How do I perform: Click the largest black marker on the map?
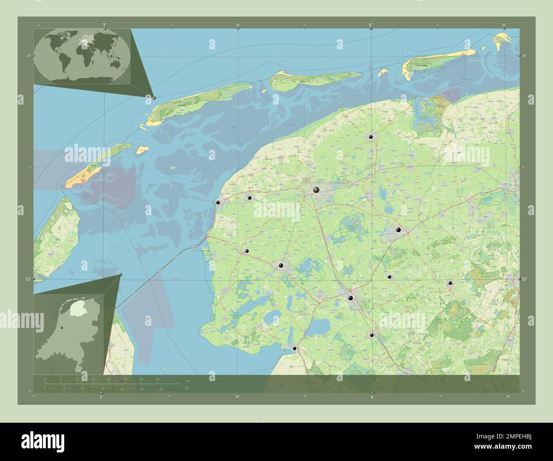[x=316, y=190]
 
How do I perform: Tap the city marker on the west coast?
[x=218, y=203]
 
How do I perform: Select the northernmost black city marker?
[x=371, y=137]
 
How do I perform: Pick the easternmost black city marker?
[x=450, y=283]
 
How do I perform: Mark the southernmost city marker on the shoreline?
[x=294, y=348]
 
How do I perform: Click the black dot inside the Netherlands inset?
[x=62, y=327]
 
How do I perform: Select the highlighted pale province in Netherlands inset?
[x=77, y=309]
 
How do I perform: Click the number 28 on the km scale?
[x=157, y=379]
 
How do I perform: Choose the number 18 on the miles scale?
[x=161, y=389]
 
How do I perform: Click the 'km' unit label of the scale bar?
[x=188, y=380]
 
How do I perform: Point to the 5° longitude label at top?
[x=105, y=25]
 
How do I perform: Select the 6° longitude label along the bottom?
[x=372, y=397]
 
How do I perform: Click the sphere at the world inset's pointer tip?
[x=154, y=98]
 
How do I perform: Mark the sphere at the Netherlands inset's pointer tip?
[x=120, y=275]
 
